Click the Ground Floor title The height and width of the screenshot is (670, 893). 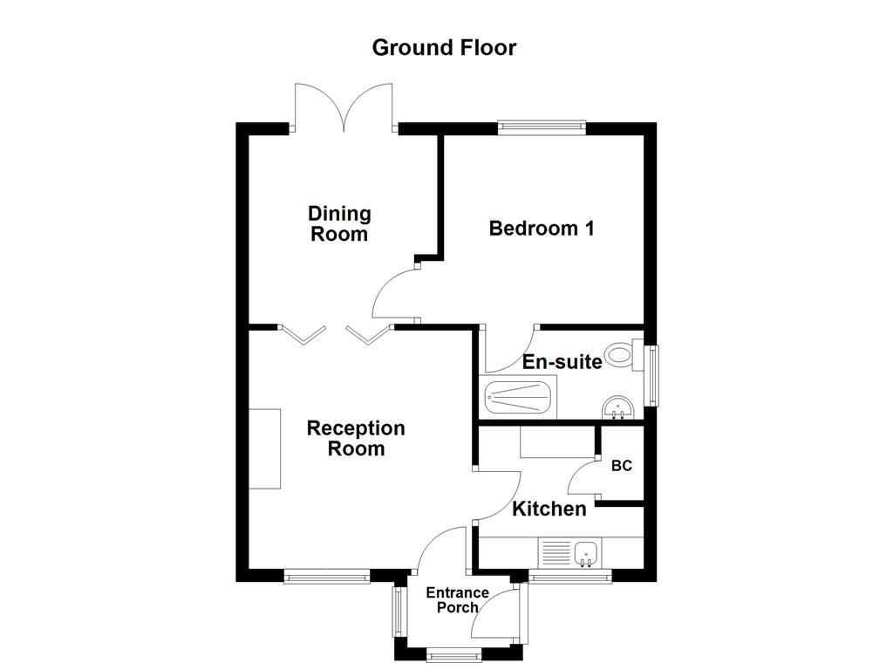click(444, 47)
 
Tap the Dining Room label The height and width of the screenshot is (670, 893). click(339, 223)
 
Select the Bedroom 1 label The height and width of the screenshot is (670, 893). click(542, 229)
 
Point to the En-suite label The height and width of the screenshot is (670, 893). click(562, 361)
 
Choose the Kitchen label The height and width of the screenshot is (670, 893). click(549, 509)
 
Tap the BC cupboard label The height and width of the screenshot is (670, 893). click(621, 467)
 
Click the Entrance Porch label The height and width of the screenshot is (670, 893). click(456, 600)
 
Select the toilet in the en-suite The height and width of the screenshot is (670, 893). click(620, 354)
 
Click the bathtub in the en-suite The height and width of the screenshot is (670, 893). click(519, 400)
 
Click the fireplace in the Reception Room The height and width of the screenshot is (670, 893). click(264, 448)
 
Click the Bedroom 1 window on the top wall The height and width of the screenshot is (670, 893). click(542, 128)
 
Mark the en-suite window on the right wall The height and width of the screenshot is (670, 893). click(650, 375)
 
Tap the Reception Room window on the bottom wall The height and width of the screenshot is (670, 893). click(327, 576)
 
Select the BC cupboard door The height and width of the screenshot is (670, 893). click(583, 475)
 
